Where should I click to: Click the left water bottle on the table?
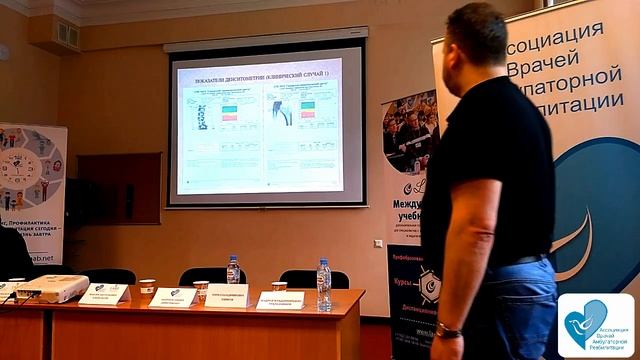(233, 270)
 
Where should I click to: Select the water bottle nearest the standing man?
(323, 284)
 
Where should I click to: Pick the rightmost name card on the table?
(279, 299)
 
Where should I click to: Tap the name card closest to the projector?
(104, 293)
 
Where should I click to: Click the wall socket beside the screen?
(378, 243)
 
